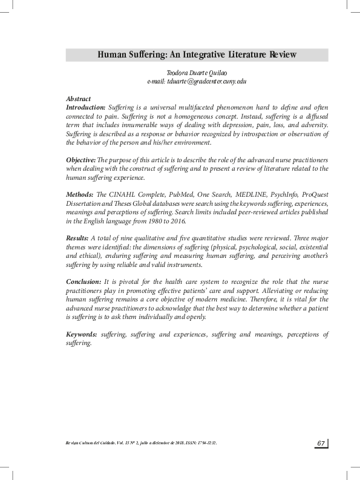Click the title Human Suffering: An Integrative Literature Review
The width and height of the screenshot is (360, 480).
pos(197,55)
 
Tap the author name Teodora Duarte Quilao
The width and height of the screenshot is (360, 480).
pos(197,73)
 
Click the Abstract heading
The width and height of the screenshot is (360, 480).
pos(78,99)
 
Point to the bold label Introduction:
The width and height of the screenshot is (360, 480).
pos(86,107)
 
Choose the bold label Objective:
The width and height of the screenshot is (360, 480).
pos(81,159)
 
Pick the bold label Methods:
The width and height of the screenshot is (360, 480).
pos(80,194)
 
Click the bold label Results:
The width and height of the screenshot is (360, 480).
pos(77,238)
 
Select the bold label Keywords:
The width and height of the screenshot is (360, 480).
pos(81,335)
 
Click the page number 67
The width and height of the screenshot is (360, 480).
pos(321,444)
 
